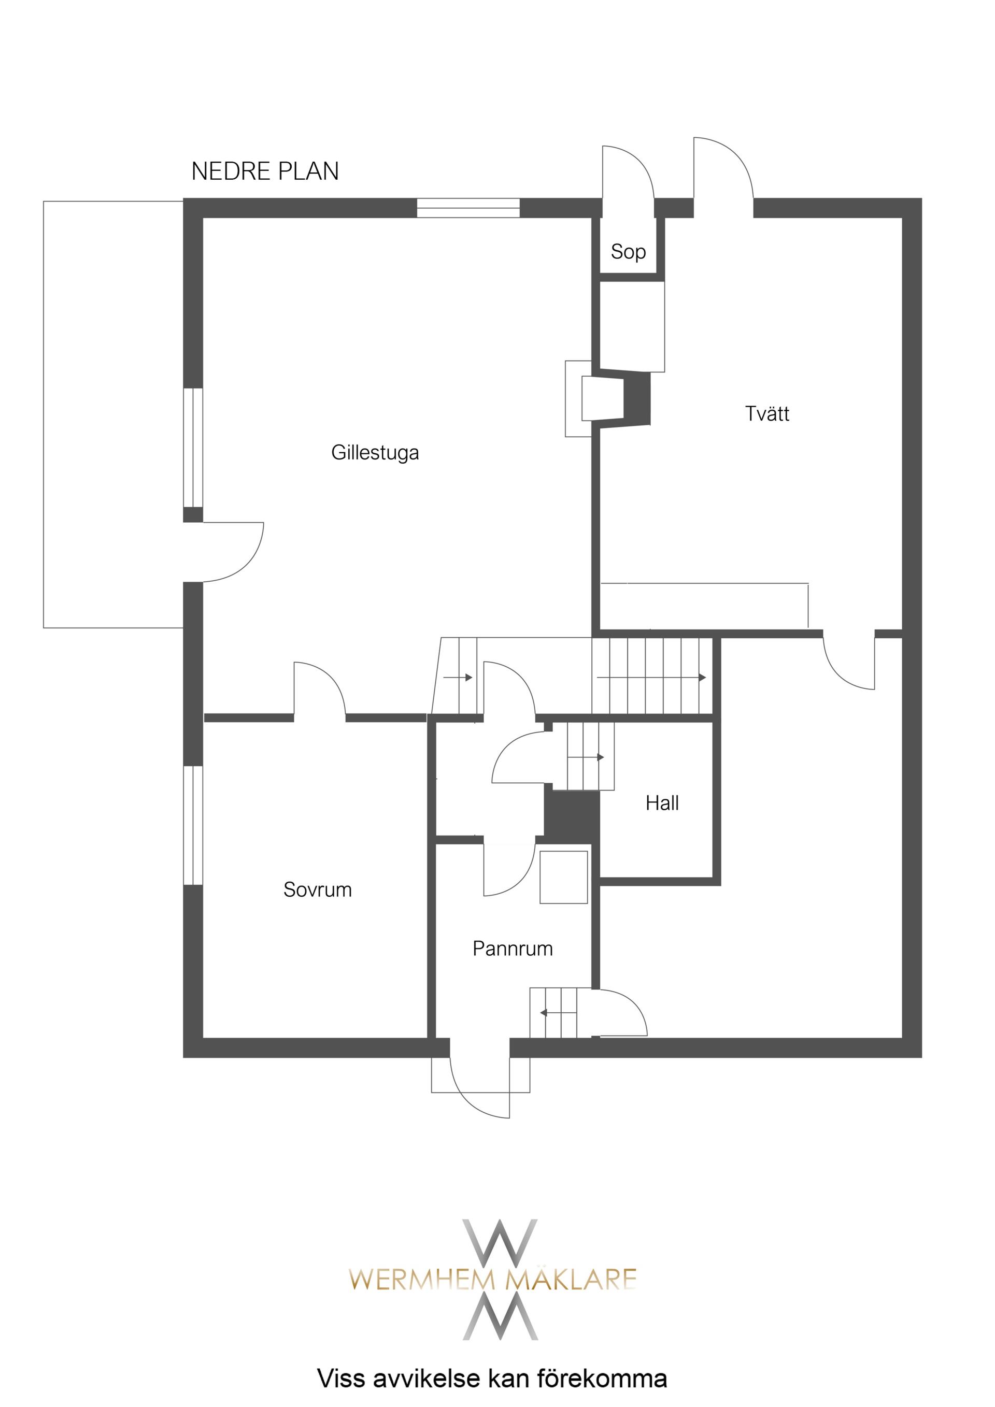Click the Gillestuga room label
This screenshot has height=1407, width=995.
(375, 453)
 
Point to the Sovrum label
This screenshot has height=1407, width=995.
(318, 890)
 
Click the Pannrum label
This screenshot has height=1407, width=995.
(513, 949)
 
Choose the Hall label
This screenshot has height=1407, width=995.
(662, 803)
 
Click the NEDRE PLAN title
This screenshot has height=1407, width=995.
(265, 171)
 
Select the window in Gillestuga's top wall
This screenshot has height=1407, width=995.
(468, 208)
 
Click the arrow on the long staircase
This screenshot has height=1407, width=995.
(651, 677)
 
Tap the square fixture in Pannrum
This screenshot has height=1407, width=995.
(563, 877)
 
